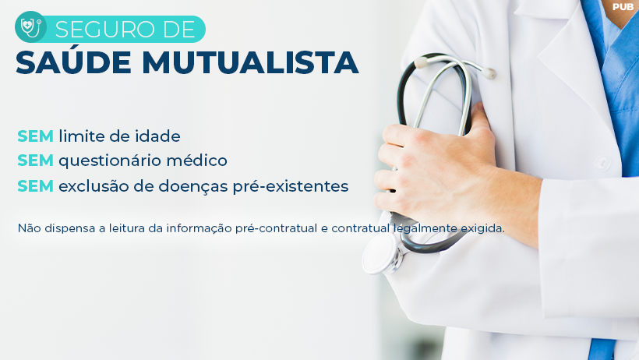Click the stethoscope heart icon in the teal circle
[30, 28]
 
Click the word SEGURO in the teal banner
[105, 30]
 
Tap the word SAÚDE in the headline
[73, 62]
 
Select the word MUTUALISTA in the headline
[250, 62]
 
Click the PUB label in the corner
[623, 7]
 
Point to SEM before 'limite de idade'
[35, 136]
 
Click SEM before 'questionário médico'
[35, 161]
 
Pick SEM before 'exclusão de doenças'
[35, 186]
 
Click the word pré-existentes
[291, 187]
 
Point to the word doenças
[193, 186]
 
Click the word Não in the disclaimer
[30, 228]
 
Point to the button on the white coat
[602, 162]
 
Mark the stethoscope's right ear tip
[489, 74]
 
